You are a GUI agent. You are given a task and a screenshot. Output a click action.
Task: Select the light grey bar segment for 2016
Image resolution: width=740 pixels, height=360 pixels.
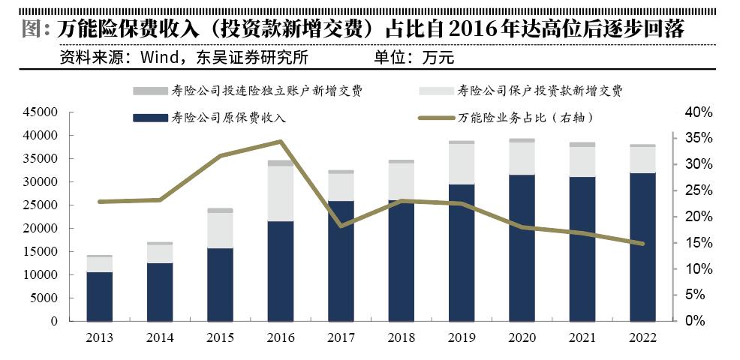tap(281, 193)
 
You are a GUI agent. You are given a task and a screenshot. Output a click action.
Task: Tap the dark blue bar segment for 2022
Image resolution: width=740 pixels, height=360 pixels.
tap(642, 247)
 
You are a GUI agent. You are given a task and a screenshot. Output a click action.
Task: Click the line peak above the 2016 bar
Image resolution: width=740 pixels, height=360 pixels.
tap(281, 141)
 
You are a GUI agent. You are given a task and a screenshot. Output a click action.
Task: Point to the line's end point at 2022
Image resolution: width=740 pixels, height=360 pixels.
tap(642, 244)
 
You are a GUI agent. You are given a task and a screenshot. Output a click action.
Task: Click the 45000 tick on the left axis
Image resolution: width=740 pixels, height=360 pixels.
tap(43, 112)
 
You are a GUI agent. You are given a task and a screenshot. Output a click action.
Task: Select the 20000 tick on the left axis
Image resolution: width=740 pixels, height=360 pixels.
tap(43, 229)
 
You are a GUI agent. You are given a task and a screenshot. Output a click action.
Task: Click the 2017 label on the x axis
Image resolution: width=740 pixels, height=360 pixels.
tap(341, 338)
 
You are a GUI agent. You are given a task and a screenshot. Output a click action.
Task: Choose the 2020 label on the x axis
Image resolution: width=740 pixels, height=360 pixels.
tap(522, 338)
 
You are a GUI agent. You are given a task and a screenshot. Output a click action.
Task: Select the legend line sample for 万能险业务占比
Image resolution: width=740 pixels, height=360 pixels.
tap(436, 118)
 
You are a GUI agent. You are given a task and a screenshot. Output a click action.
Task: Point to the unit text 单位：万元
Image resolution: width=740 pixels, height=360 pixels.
tap(414, 57)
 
